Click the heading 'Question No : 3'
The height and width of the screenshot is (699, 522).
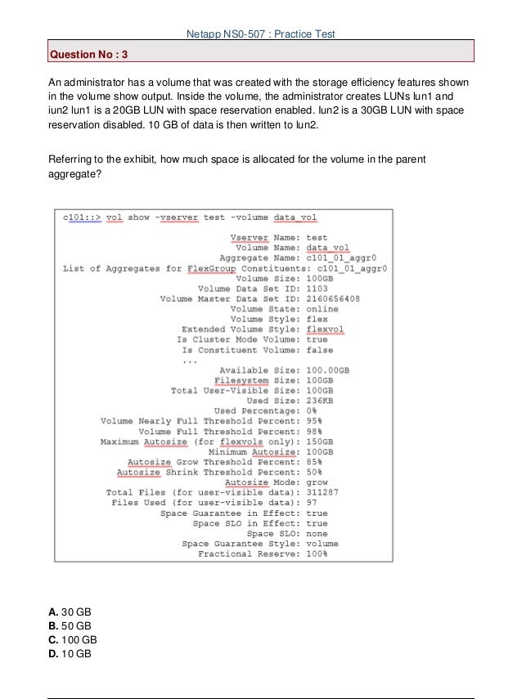point(89,55)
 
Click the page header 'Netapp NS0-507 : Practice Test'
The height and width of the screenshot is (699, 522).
point(262,34)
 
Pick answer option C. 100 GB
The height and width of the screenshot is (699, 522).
point(74,640)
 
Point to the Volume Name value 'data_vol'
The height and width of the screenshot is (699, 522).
point(327,247)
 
